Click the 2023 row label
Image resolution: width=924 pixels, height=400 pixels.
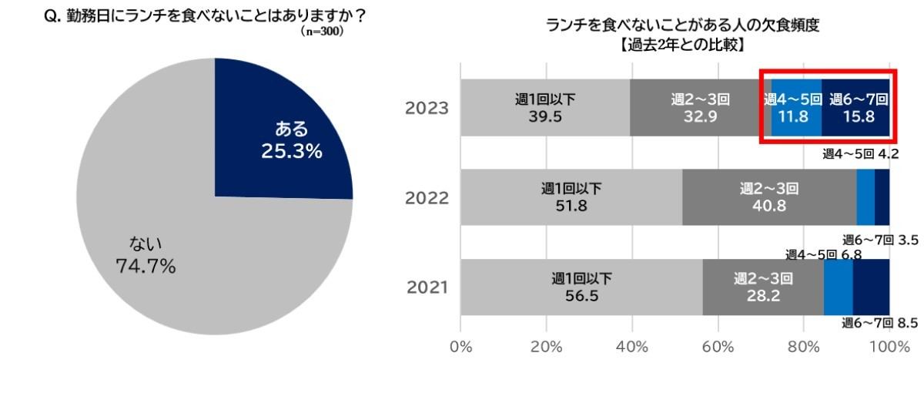(427, 108)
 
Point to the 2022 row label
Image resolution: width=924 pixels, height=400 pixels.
(427, 198)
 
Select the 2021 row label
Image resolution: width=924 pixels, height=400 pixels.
(427, 287)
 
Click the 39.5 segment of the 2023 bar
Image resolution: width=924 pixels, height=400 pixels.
(545, 108)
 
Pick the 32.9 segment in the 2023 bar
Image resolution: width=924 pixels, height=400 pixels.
(699, 108)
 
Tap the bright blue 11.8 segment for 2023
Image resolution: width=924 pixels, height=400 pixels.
(796, 108)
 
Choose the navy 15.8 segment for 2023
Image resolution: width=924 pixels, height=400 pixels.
(856, 108)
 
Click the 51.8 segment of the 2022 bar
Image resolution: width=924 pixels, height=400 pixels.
(571, 198)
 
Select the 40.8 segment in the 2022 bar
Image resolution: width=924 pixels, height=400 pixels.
(768, 198)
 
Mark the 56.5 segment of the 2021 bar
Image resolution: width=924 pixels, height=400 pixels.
(581, 287)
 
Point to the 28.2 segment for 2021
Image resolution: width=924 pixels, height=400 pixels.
(762, 287)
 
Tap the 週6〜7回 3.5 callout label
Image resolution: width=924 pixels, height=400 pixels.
(879, 240)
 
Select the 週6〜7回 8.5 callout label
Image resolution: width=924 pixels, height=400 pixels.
(879, 323)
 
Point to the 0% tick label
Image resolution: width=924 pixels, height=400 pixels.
(460, 346)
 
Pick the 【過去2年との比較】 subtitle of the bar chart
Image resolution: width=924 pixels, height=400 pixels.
(682, 45)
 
